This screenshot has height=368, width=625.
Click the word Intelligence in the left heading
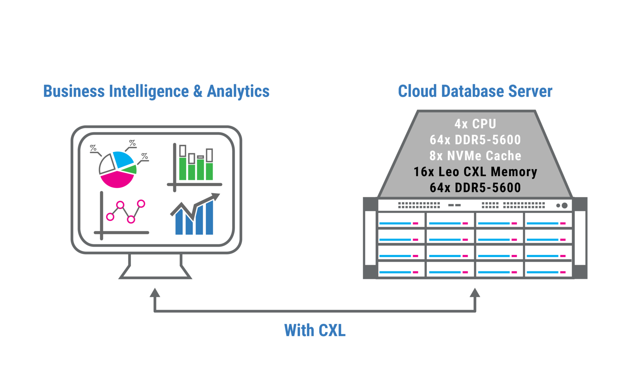[149, 91]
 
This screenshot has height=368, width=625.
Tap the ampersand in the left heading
[198, 91]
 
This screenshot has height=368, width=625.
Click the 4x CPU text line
[475, 124]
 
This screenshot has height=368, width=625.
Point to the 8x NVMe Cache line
[475, 156]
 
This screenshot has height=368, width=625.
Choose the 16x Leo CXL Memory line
[475, 172]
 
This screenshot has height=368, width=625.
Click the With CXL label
[315, 331]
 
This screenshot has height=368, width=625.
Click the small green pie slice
[131, 169]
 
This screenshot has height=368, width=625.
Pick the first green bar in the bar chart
[183, 169]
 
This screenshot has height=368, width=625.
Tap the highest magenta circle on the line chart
[141, 204]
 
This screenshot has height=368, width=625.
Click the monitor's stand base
[155, 272]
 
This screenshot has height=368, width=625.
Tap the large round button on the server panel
[564, 205]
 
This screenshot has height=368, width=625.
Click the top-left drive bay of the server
[401, 220]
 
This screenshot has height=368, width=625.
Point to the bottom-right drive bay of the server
[548, 269]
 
